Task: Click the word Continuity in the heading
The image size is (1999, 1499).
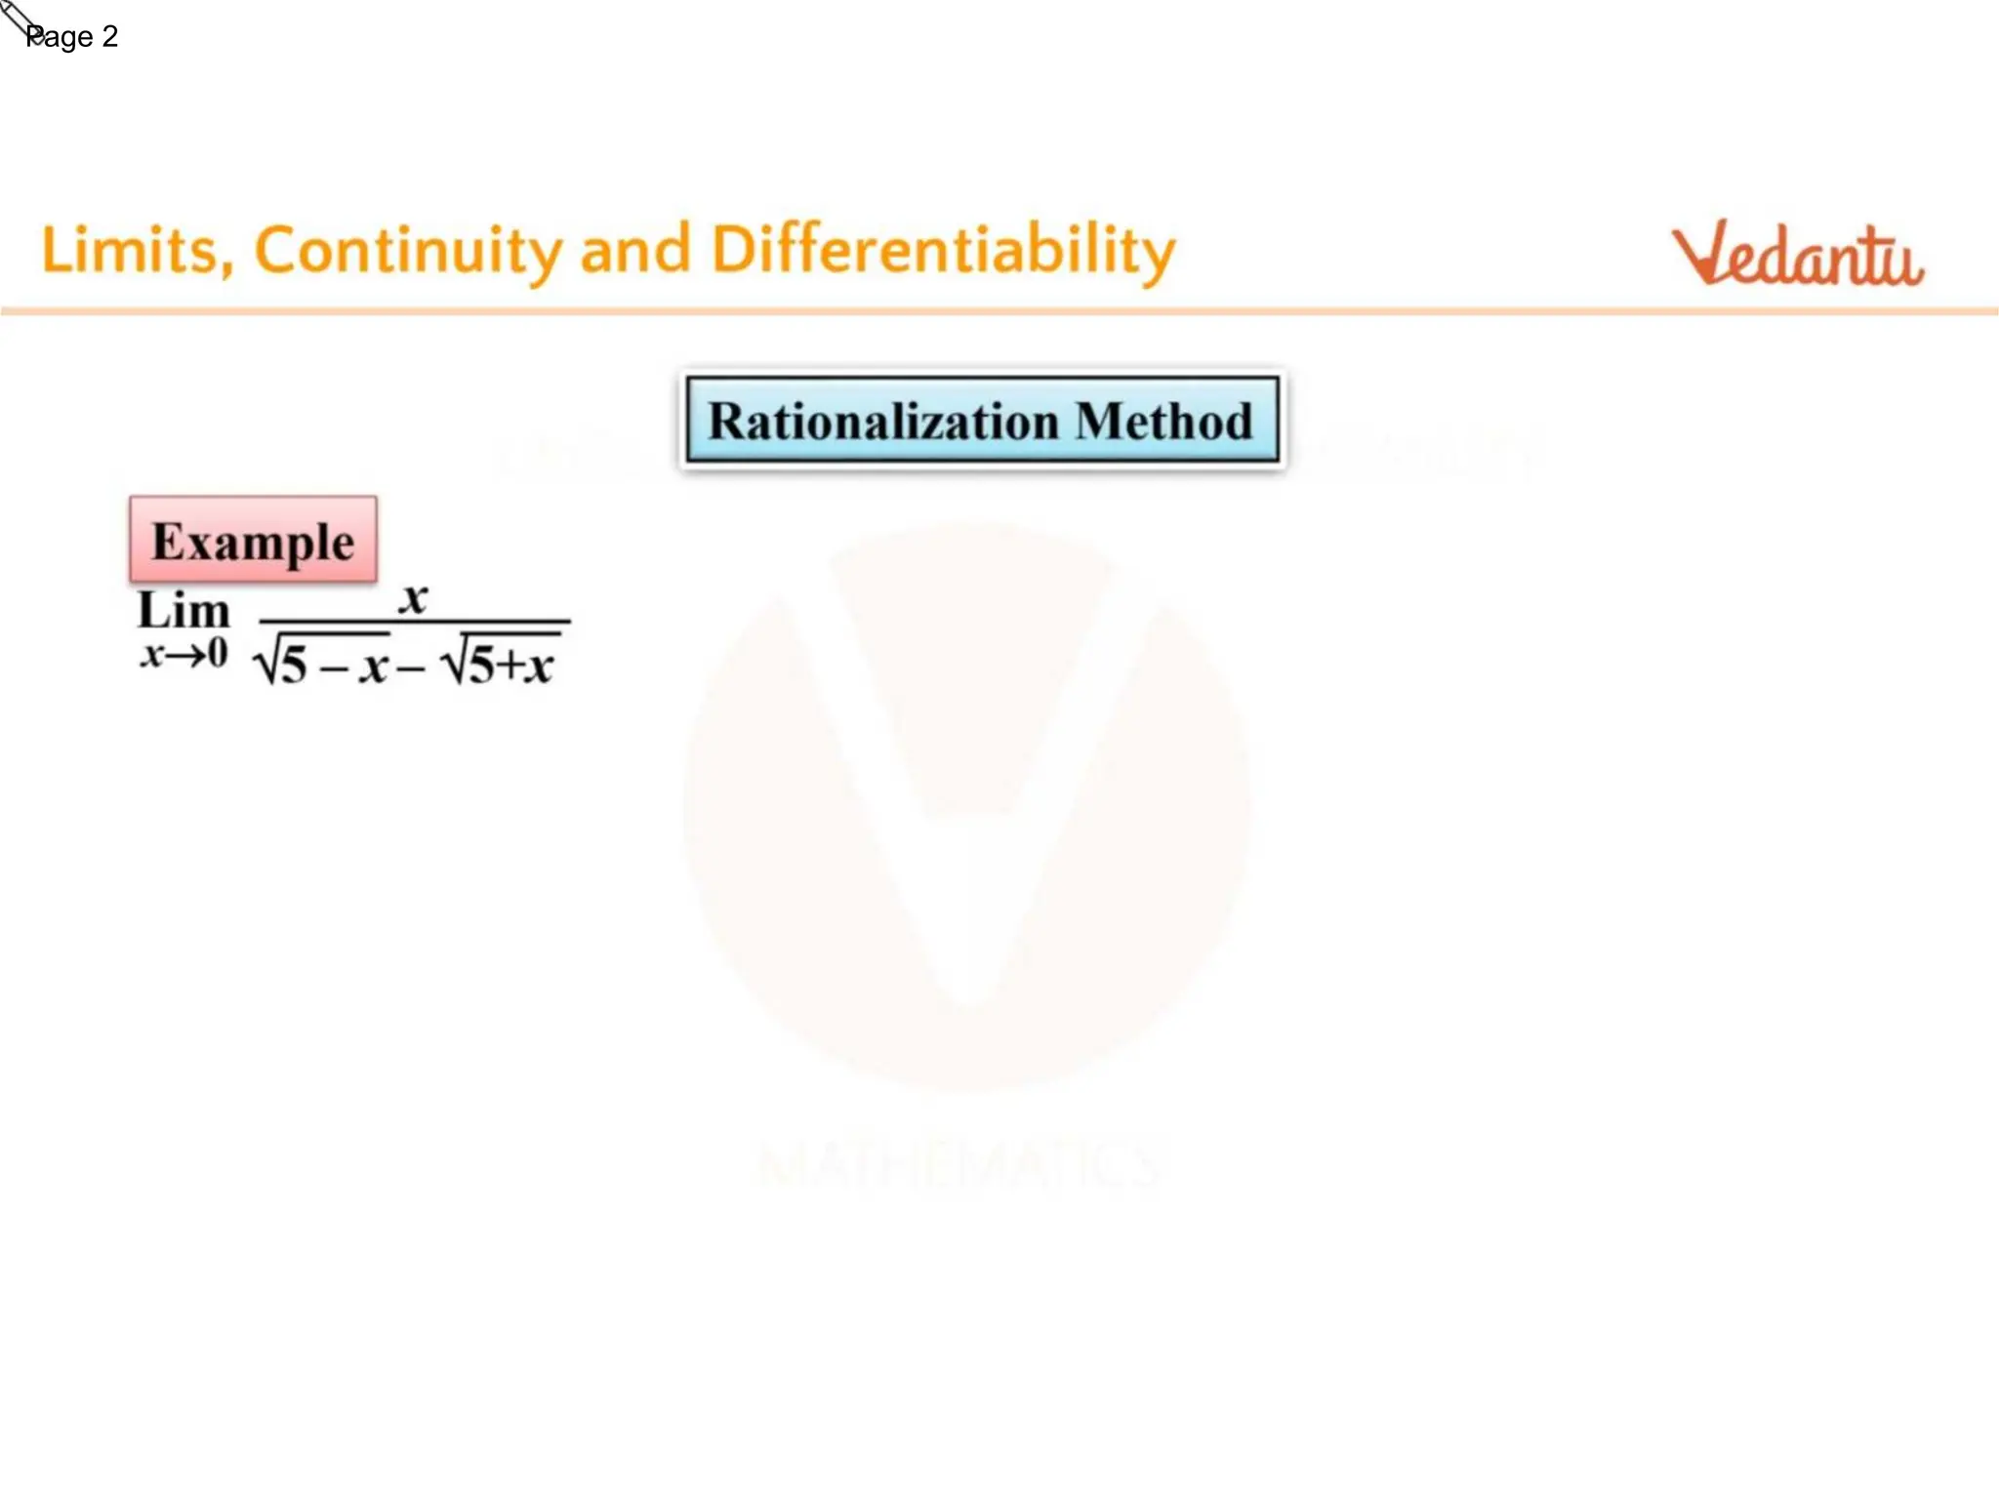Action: [408, 251]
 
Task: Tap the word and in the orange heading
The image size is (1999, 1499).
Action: [635, 251]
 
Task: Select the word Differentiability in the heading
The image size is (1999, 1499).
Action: [943, 251]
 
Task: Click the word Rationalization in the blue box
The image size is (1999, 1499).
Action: [883, 422]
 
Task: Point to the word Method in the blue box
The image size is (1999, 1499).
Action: [1164, 422]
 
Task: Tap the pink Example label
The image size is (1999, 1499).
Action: [253, 541]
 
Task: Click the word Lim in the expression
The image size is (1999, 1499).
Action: [184, 611]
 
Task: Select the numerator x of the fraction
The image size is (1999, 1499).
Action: [414, 597]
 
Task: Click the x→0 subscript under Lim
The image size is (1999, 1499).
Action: [184, 653]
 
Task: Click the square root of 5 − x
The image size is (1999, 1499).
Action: [322, 664]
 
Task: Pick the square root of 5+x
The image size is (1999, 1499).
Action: [500, 664]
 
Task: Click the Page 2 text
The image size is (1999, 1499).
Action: [71, 37]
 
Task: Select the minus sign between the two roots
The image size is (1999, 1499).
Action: [411, 668]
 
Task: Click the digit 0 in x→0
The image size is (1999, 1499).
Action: [217, 653]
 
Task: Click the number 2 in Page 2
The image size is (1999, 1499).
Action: [109, 37]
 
